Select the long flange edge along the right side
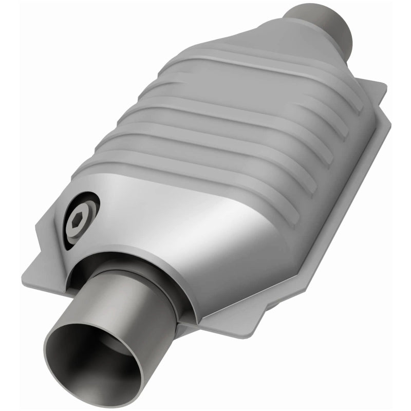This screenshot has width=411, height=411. [334, 206]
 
